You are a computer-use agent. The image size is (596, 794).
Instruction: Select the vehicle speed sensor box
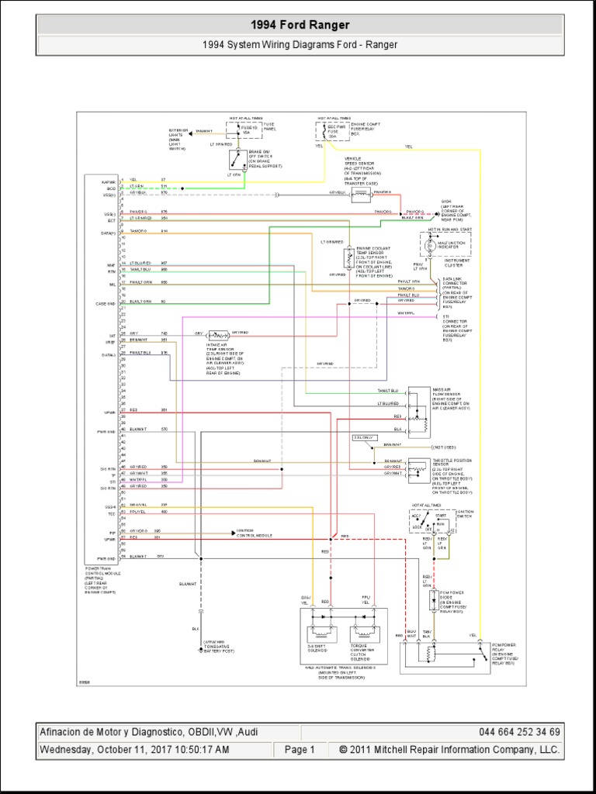[x=360, y=195]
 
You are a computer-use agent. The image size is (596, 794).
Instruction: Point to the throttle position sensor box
[x=420, y=469]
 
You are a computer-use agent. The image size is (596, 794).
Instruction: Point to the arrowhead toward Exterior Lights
[x=190, y=131]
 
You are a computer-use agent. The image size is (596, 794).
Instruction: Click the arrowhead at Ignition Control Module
[x=233, y=532]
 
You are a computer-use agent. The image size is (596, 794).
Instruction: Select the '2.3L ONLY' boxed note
[x=364, y=438]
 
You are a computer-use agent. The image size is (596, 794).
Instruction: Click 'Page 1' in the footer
[x=300, y=750]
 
